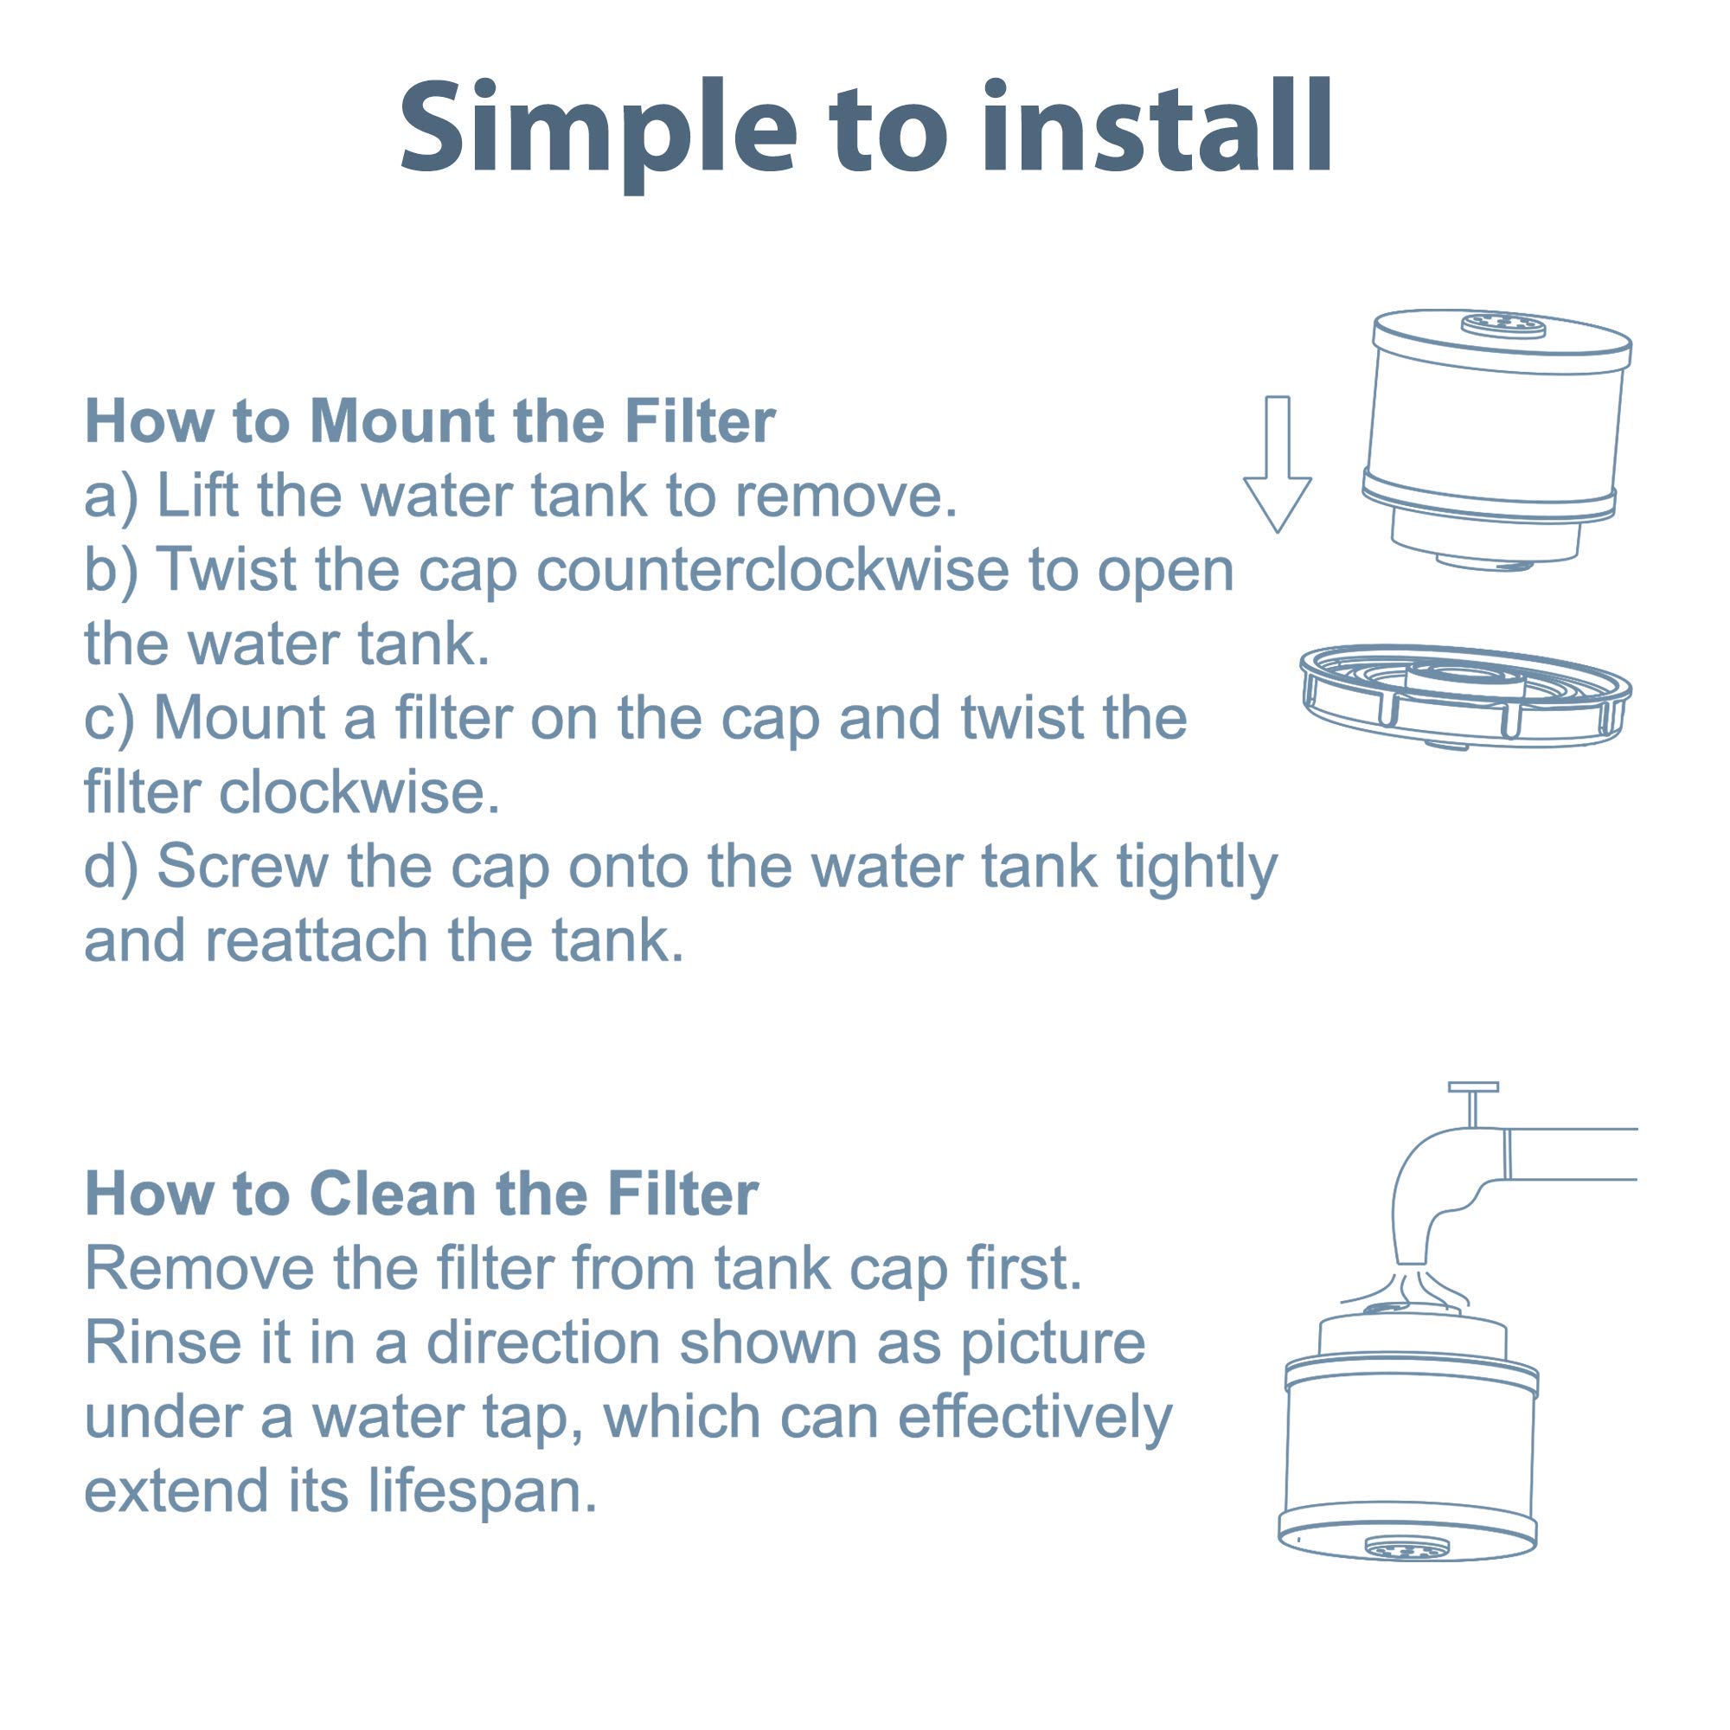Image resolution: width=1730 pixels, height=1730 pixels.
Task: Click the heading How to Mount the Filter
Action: click(x=430, y=421)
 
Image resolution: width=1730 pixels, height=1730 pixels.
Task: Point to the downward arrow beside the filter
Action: click(x=1277, y=465)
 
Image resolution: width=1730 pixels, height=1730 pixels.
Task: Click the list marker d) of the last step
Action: click(x=111, y=867)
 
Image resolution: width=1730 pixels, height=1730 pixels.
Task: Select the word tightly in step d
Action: click(x=1196, y=867)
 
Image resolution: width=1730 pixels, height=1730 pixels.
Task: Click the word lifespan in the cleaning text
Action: click(x=482, y=1490)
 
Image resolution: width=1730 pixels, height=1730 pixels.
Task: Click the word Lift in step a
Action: click(x=198, y=495)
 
